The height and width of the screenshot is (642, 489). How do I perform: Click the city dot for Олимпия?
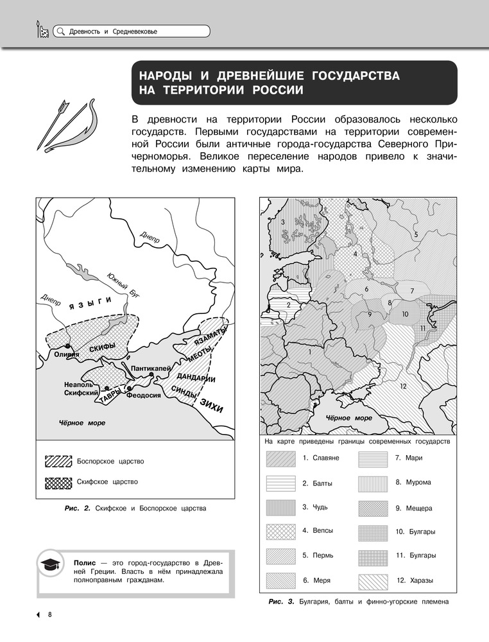(67, 347)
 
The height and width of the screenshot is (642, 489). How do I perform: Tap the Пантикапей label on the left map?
(150, 368)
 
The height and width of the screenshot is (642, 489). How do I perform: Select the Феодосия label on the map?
(144, 395)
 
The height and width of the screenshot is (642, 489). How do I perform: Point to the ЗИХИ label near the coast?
(211, 405)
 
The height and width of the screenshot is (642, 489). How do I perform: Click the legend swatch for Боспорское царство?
(58, 462)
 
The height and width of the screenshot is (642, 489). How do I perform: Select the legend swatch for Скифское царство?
(58, 481)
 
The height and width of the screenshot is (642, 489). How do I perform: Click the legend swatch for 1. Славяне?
(280, 458)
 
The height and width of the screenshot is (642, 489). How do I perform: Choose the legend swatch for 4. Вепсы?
(280, 531)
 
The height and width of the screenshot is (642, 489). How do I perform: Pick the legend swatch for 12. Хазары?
(373, 580)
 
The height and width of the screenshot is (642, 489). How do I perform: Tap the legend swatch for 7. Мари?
(373, 458)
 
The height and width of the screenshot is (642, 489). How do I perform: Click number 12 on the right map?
(402, 386)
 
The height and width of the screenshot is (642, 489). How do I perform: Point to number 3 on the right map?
(283, 222)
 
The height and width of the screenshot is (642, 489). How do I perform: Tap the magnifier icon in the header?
(60, 31)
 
